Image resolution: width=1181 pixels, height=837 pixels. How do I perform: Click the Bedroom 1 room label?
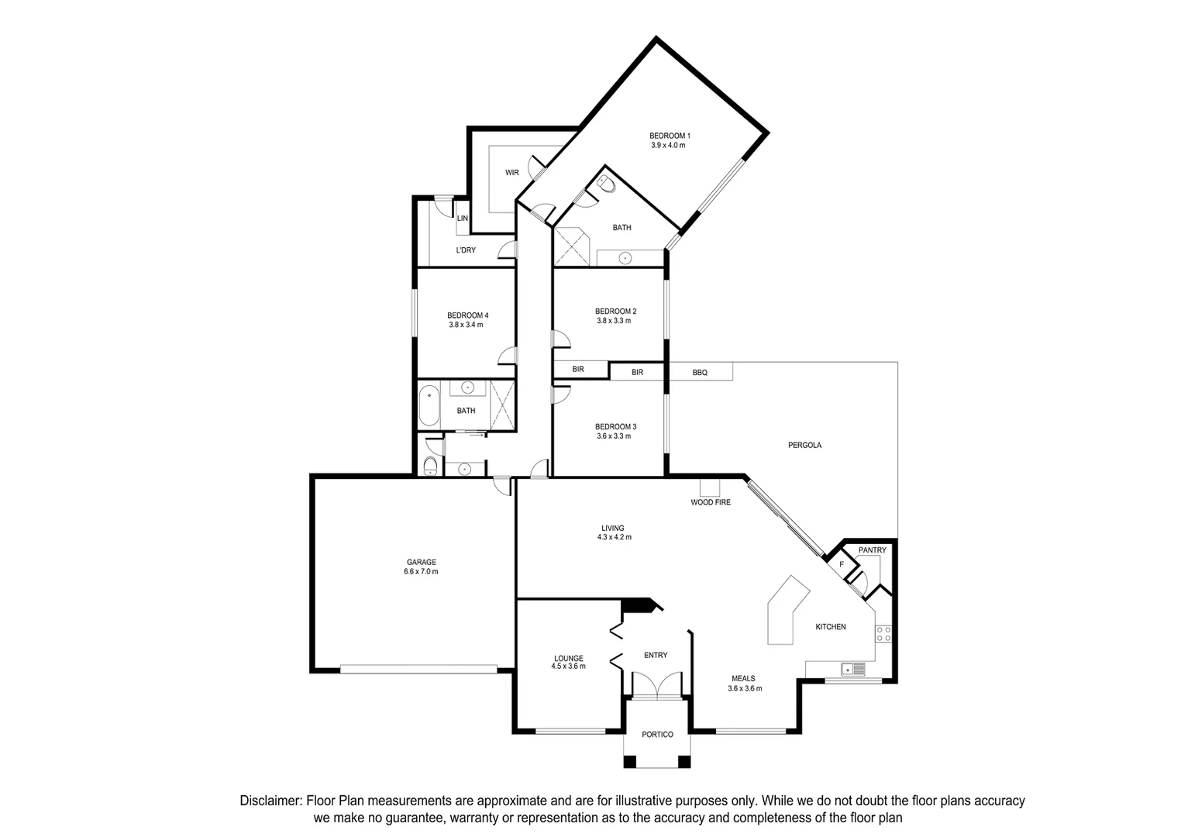tap(669, 136)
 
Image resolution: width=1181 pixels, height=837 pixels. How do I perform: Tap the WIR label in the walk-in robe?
tap(511, 172)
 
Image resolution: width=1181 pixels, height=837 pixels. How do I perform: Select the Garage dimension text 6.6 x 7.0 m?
tap(421, 572)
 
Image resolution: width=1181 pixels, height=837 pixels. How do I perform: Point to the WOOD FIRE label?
tap(711, 502)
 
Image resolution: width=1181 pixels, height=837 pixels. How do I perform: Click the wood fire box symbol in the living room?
tap(709, 487)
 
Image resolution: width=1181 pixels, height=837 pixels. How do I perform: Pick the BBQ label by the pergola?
tap(700, 373)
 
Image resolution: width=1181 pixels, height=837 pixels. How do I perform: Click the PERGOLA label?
tap(804, 446)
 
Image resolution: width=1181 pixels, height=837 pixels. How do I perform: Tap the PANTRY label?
tap(872, 550)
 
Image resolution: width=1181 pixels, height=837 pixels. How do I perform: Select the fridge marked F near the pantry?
tap(841, 564)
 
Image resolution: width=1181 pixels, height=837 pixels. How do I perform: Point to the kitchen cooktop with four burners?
tap(883, 633)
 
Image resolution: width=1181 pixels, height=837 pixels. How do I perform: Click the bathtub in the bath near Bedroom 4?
tap(429, 405)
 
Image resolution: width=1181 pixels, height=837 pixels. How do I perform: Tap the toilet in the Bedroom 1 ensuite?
tap(606, 184)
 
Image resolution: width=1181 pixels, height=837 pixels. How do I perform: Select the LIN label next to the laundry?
tap(463, 219)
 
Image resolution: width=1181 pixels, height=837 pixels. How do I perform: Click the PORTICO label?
tap(657, 735)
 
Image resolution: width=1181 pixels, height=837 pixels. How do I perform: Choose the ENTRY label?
tap(656, 656)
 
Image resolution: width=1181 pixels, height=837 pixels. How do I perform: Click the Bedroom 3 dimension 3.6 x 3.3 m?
tap(614, 436)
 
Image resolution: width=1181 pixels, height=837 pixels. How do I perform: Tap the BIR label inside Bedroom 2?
tap(578, 370)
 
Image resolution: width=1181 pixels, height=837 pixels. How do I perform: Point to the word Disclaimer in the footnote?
tap(270, 801)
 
